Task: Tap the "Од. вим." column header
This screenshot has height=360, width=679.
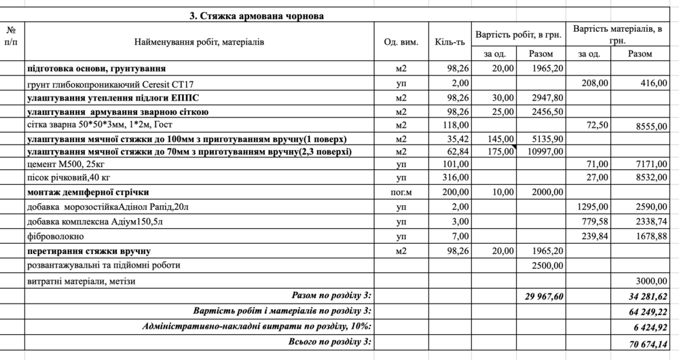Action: (401, 42)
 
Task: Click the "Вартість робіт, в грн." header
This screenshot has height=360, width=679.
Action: (519, 33)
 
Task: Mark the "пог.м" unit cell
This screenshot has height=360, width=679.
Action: (401, 192)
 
